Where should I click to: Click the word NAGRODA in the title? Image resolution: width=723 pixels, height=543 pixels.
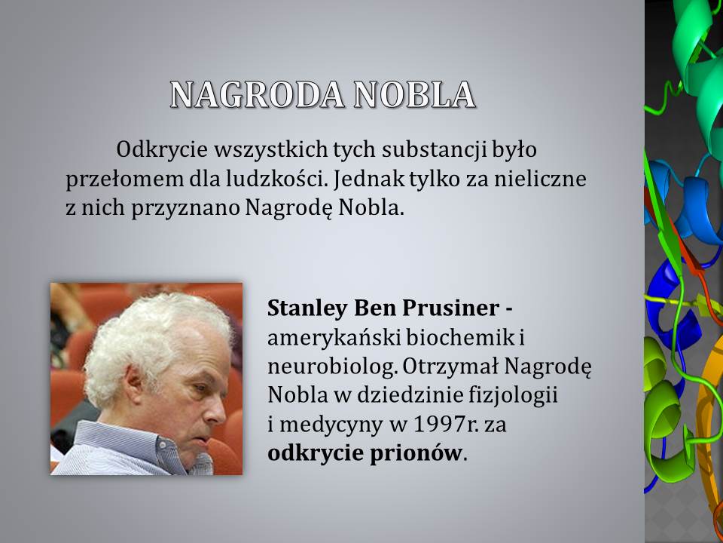(x=257, y=95)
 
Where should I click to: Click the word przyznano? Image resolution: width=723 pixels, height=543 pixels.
(x=185, y=209)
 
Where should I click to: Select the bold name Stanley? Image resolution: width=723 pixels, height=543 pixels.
(x=307, y=308)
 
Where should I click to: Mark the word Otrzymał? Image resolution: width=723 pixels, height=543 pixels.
(x=450, y=367)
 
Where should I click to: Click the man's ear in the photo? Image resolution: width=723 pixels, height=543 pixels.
(x=135, y=385)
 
